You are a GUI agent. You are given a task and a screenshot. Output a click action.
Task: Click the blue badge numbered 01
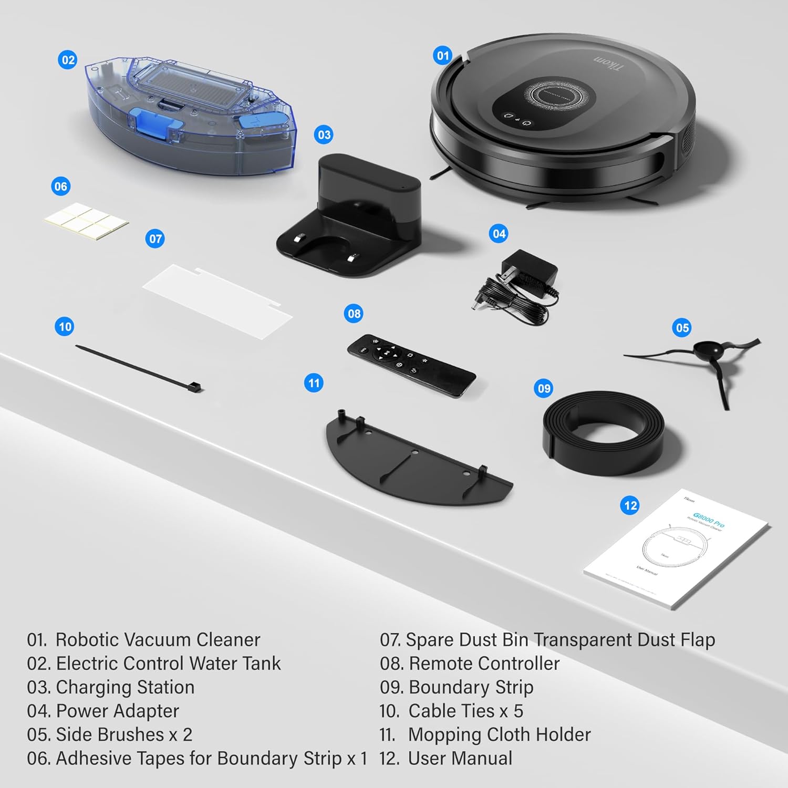pos(443,55)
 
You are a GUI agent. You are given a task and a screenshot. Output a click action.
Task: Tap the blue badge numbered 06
pos(61,186)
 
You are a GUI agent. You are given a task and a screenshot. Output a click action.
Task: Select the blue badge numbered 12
pos(630,505)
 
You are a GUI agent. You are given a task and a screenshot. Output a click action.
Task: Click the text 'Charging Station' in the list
pos(125,687)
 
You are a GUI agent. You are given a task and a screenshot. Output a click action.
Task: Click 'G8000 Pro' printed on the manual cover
pos(708,520)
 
